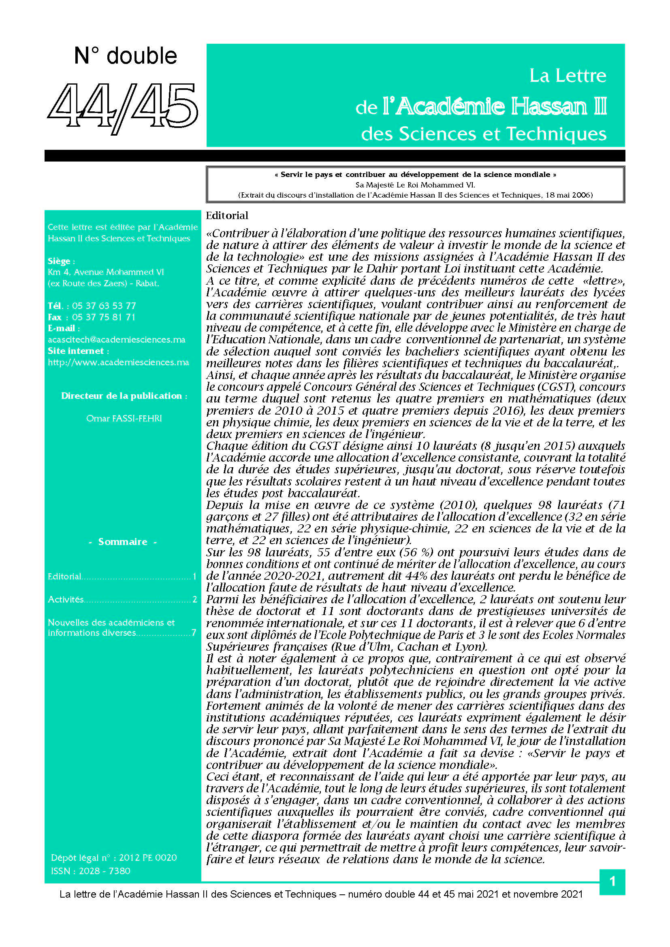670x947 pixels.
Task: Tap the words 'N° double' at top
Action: coord(126,56)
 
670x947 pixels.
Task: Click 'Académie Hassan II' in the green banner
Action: coord(495,106)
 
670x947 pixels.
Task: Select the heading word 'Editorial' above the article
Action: coord(227,215)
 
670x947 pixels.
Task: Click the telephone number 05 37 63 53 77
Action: coord(104,306)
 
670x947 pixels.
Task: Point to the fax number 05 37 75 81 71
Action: coord(104,317)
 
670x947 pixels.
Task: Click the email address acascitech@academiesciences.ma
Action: coord(116,339)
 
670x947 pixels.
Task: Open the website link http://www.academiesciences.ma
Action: coord(118,362)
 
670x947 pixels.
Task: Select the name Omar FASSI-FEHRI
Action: coord(124,418)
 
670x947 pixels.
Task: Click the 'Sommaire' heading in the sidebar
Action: coord(122,542)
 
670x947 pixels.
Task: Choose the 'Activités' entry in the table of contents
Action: coord(66,599)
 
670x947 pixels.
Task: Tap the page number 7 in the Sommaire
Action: coord(194,633)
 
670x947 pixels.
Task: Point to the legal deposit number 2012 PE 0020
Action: coord(148,858)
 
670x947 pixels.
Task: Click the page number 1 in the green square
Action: coord(612,881)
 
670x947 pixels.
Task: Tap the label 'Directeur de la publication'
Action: coord(122,396)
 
